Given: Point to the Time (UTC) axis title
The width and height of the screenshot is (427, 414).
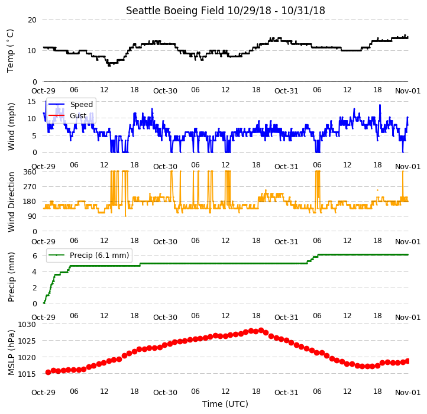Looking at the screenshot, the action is pyautogui.click(x=225, y=404).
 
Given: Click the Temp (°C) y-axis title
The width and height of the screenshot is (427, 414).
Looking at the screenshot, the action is pyautogui.click(x=10, y=51).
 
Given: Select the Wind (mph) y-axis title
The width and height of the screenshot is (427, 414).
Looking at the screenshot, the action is pyautogui.click(x=11, y=127).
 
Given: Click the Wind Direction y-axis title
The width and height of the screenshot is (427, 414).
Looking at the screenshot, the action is pyautogui.click(x=11, y=202).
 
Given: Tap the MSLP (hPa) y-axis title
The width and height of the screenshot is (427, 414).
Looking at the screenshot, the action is pyautogui.click(x=11, y=352).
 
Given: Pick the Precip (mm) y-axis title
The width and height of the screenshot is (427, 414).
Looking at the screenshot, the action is pyautogui.click(x=11, y=277).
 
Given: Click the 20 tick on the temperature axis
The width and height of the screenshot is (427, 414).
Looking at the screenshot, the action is pyautogui.click(x=32, y=20).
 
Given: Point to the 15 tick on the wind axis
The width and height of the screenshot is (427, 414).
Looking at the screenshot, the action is pyautogui.click(x=32, y=102).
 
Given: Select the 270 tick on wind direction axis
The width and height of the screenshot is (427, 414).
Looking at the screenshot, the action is pyautogui.click(x=30, y=187).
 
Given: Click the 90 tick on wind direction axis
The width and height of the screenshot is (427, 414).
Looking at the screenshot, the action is pyautogui.click(x=32, y=216).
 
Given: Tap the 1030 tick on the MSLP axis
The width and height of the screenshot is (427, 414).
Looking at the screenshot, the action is pyautogui.click(x=27, y=325).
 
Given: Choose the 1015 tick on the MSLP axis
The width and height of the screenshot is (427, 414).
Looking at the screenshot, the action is pyautogui.click(x=27, y=374).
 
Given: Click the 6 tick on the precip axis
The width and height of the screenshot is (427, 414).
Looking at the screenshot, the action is pyautogui.click(x=34, y=255).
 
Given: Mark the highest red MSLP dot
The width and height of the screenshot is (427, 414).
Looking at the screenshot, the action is pyautogui.click(x=261, y=331).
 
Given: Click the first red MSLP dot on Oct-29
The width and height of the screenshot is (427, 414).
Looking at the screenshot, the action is pyautogui.click(x=48, y=372).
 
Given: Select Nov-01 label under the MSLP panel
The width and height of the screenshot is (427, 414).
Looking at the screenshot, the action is pyautogui.click(x=407, y=393).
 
